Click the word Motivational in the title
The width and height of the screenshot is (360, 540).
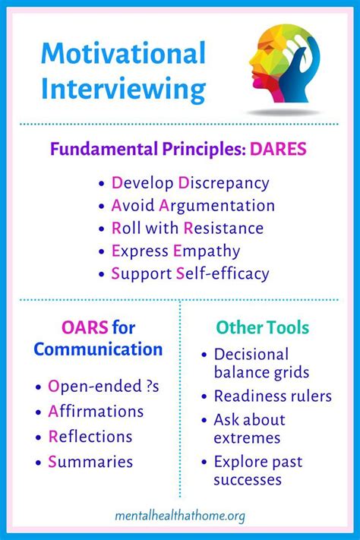(124, 55)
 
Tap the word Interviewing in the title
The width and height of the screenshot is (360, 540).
(124, 89)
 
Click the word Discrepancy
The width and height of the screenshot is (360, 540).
(223, 183)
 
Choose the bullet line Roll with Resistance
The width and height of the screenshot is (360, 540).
(188, 228)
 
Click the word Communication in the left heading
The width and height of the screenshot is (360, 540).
(98, 349)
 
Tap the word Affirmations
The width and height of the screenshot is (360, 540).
(96, 412)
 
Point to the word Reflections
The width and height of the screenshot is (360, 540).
(90, 437)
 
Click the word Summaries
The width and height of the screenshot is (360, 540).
(90, 462)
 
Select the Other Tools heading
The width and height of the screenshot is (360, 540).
(263, 328)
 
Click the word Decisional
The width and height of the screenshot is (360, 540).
(251, 354)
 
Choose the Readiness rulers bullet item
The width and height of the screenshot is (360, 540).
(273, 396)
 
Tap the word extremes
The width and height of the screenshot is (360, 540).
(248, 437)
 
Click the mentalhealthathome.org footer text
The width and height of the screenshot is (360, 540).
(179, 516)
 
